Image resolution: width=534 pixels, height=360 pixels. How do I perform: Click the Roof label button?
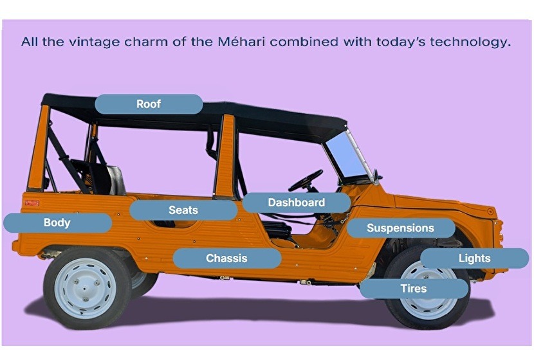click(x=149, y=104)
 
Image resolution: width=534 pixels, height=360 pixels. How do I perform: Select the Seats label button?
click(x=183, y=210)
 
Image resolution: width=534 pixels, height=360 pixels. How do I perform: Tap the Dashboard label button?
click(x=297, y=203)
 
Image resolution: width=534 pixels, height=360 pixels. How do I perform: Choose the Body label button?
click(x=57, y=223)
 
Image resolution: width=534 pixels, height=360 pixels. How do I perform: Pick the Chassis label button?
click(x=227, y=258)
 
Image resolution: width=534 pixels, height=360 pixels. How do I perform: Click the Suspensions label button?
click(x=401, y=228)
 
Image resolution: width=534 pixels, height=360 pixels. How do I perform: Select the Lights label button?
click(x=474, y=258)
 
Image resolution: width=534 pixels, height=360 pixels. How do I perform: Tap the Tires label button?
click(x=414, y=289)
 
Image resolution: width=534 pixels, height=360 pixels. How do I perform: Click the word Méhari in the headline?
click(x=241, y=42)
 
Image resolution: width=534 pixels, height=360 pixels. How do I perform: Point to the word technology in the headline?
click(x=471, y=42)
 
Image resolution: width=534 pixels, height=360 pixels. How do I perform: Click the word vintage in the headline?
click(x=95, y=42)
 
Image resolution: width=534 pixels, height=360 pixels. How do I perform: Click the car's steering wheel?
click(x=306, y=181)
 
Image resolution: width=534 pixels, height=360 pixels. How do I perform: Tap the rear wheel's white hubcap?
click(x=86, y=289)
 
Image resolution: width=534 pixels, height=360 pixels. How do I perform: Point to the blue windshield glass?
click(x=345, y=155)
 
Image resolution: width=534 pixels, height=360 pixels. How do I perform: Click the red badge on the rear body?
click(x=32, y=203)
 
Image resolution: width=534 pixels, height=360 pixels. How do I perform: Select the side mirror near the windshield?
click(x=376, y=176)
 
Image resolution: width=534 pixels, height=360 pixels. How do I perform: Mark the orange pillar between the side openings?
click(x=225, y=156)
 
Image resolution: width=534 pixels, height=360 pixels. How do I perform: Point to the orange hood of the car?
click(x=443, y=204)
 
